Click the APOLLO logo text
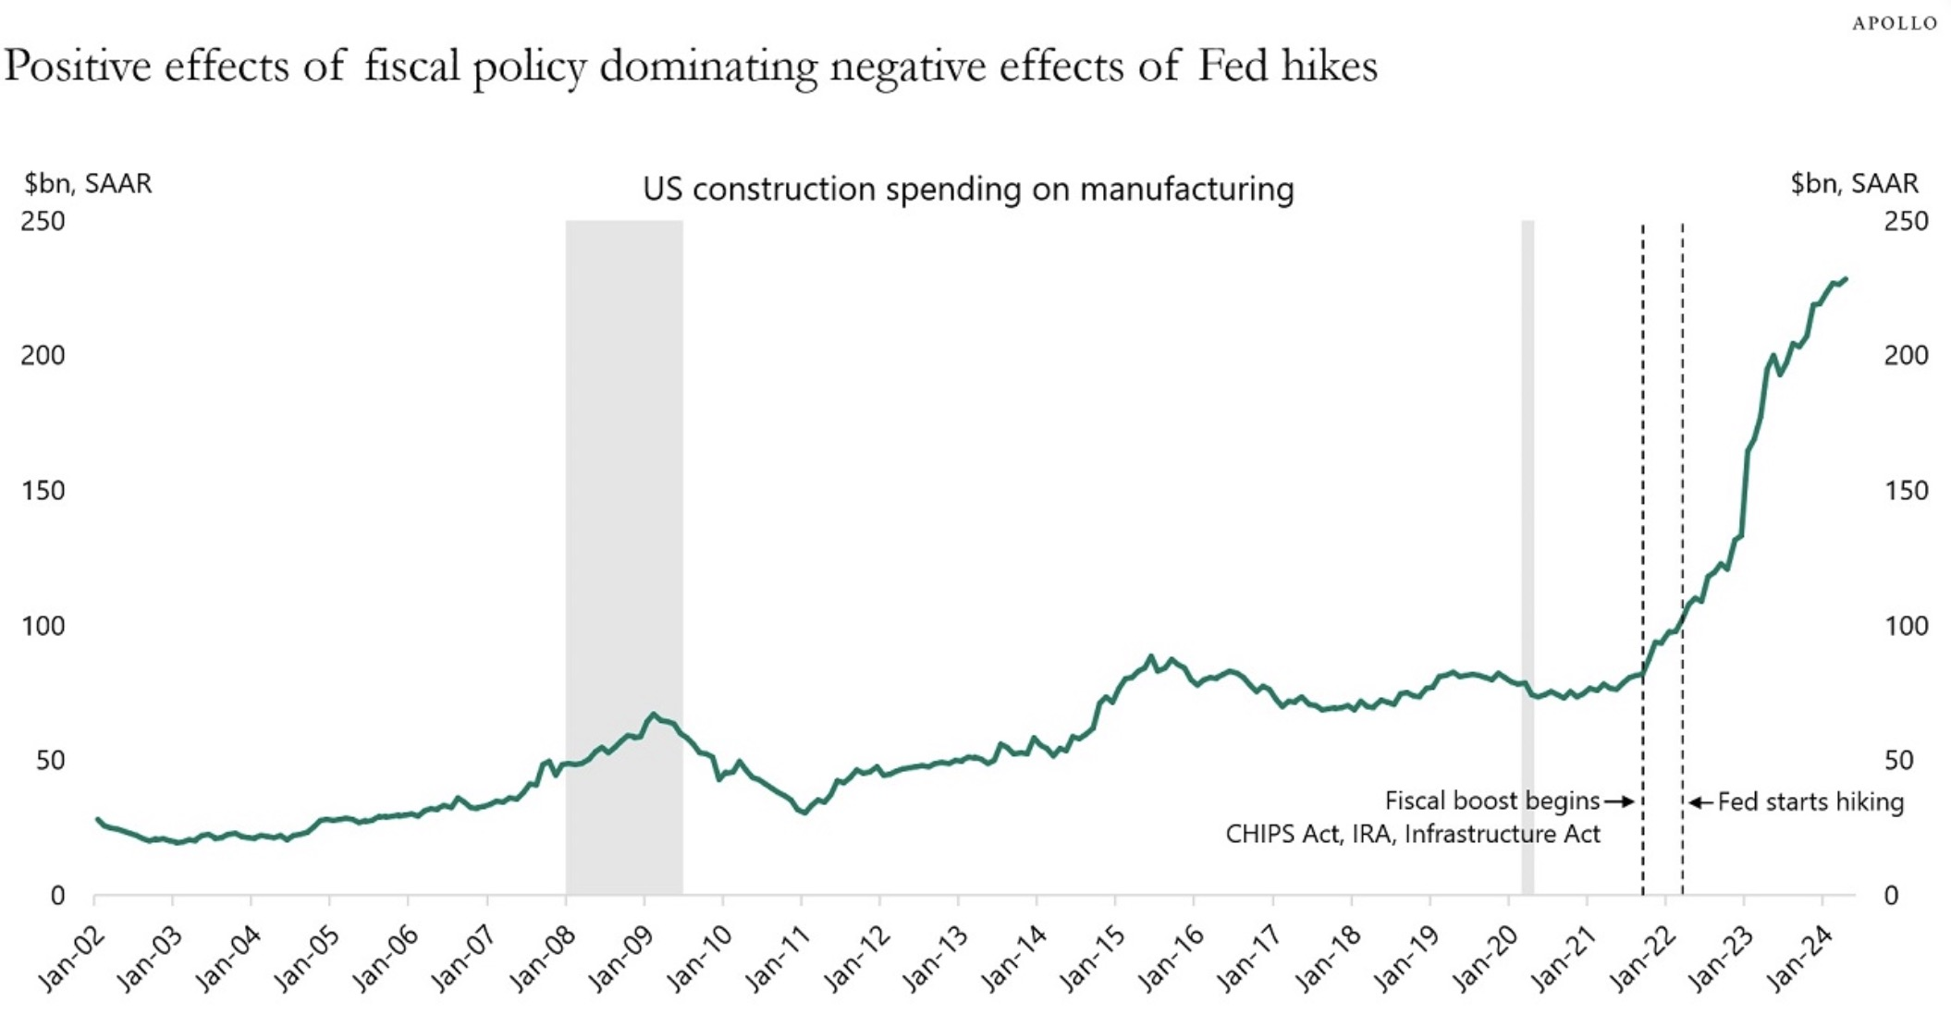pos(1894,23)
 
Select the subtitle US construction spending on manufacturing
pos(968,189)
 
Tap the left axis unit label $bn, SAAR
pos(88,183)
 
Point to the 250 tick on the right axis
pos(1907,221)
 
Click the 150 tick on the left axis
pos(43,490)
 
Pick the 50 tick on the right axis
pos(1898,760)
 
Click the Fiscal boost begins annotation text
pos(1491,801)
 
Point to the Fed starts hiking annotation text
pos(1810,801)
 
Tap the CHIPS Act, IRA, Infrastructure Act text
pos(1412,834)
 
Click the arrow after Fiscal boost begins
pos(1619,801)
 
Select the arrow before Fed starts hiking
pos(1701,801)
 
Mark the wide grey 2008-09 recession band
pos(624,462)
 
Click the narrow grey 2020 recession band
pos(1528,462)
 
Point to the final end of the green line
pos(1846,278)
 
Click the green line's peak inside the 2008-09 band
pos(654,714)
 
